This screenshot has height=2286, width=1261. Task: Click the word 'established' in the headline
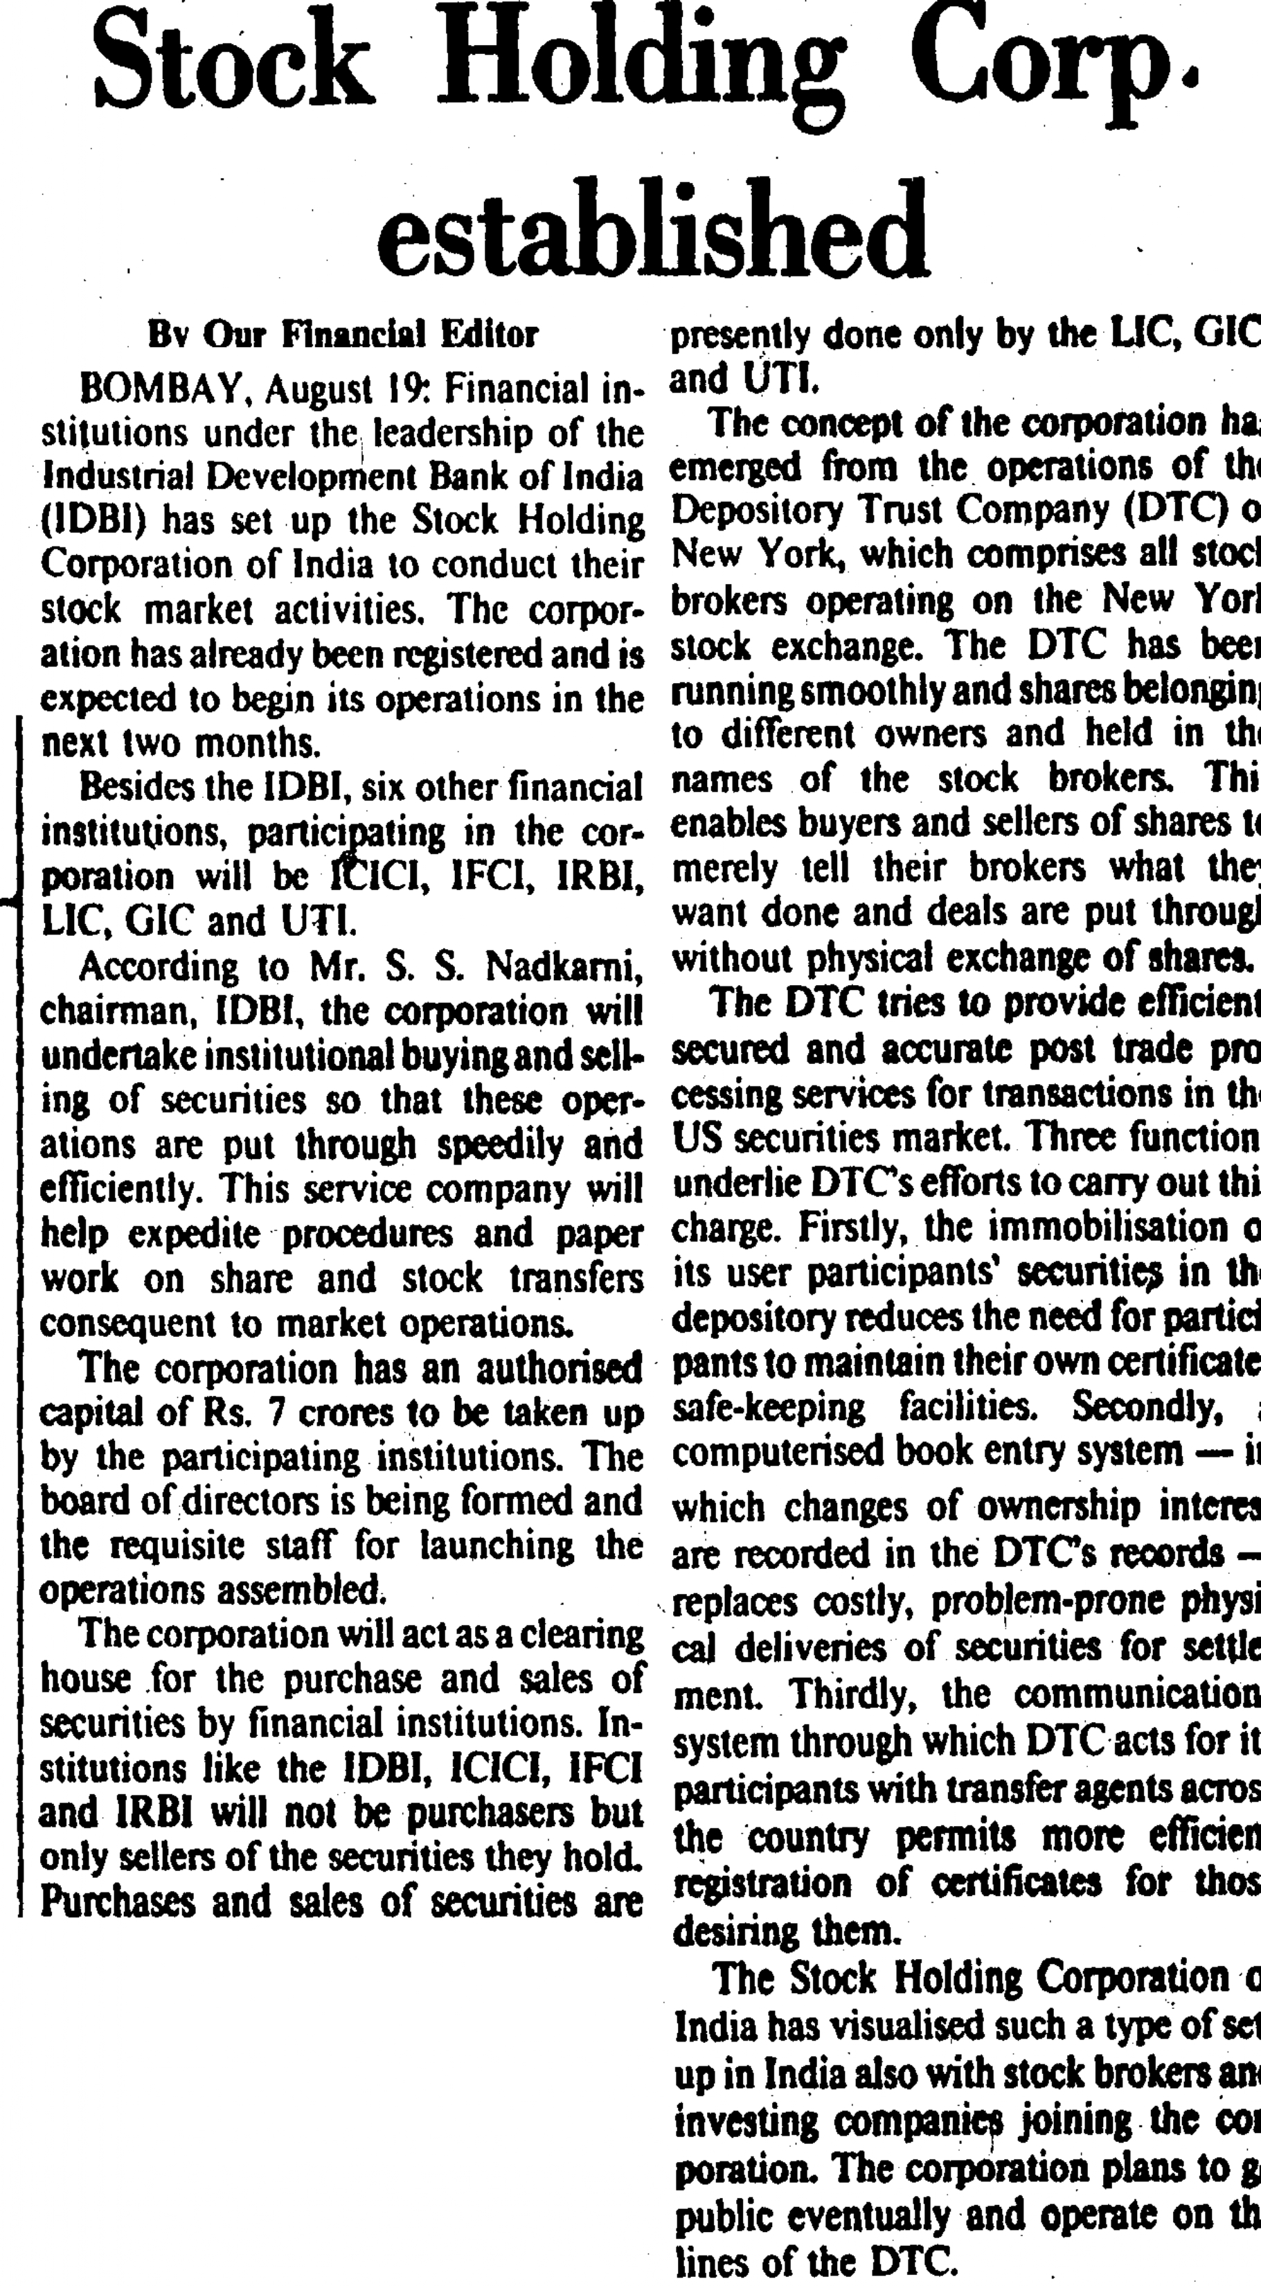pos(653,229)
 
